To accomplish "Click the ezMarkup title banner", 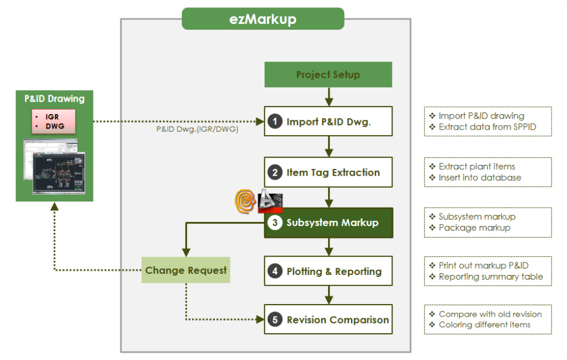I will [263, 19].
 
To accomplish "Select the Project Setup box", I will [328, 75].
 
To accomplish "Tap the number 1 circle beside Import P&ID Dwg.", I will [276, 122].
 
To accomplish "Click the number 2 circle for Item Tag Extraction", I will [276, 173].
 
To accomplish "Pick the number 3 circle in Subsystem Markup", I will [276, 223].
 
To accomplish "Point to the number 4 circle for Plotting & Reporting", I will [276, 272].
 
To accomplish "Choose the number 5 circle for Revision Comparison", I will [276, 320].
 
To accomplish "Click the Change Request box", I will [186, 270].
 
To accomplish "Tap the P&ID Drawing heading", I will [54, 99].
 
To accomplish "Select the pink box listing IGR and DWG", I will [54, 122].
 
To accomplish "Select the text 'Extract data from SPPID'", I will [487, 127].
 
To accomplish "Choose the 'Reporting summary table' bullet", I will [490, 277].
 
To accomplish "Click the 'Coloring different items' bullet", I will [484, 325].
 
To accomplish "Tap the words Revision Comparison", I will [338, 320].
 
